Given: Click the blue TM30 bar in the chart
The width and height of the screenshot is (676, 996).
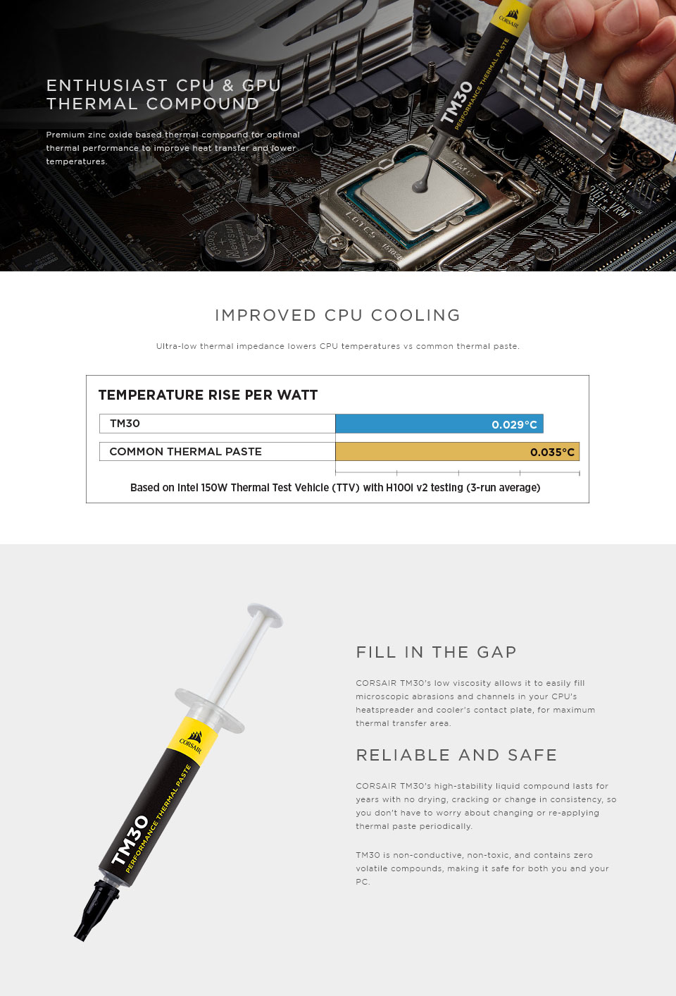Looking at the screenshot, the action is (439, 424).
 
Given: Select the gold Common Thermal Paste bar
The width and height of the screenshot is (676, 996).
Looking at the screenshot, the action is (457, 451).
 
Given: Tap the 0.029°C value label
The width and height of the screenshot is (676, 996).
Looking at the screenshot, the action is (514, 424).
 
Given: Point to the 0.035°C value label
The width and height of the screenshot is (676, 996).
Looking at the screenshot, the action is (552, 453).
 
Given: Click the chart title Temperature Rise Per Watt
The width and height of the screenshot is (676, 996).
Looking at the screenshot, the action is (208, 395).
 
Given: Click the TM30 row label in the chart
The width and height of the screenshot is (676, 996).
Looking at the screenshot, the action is (125, 424).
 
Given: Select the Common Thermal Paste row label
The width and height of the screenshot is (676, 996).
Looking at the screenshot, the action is (185, 451).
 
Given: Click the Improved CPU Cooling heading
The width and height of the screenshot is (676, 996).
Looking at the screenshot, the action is (337, 315).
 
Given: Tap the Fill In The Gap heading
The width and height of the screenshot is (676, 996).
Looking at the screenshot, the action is (436, 652).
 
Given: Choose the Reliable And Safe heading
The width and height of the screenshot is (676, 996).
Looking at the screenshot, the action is (456, 754).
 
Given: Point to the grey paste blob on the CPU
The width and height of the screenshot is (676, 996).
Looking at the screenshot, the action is (420, 185).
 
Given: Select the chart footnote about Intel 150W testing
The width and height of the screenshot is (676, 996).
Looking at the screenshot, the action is (335, 487).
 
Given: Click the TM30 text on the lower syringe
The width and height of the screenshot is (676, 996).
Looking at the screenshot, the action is (130, 840).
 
